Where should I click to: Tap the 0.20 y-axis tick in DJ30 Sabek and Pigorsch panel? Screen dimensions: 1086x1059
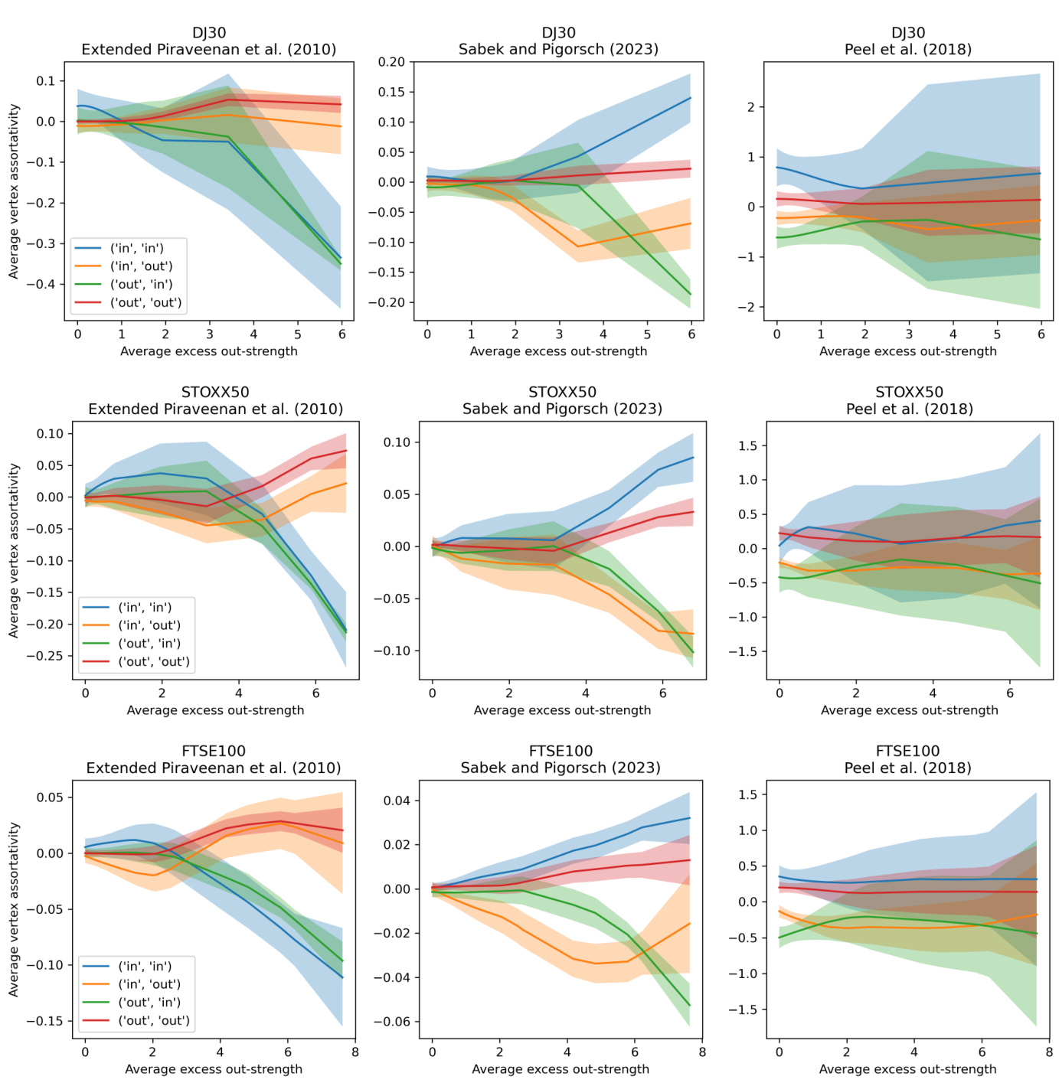pos(391,62)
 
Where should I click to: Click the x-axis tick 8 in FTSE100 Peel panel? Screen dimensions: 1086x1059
pos(1049,1052)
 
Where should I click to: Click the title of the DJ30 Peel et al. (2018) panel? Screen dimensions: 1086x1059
pos(908,41)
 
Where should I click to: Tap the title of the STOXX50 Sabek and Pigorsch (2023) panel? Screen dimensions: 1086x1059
pos(562,400)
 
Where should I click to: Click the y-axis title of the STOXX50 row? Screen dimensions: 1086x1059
pos(14,551)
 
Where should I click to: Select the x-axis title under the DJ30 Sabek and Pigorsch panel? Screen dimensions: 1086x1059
pos(558,351)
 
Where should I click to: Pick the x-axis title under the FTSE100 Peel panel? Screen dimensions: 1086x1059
pos(907,1069)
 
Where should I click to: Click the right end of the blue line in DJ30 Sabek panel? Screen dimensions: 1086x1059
pos(691,98)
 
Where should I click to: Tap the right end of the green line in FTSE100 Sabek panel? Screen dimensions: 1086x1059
pos(690,1006)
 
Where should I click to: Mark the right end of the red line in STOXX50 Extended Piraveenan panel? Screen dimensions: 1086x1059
pos(346,451)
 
